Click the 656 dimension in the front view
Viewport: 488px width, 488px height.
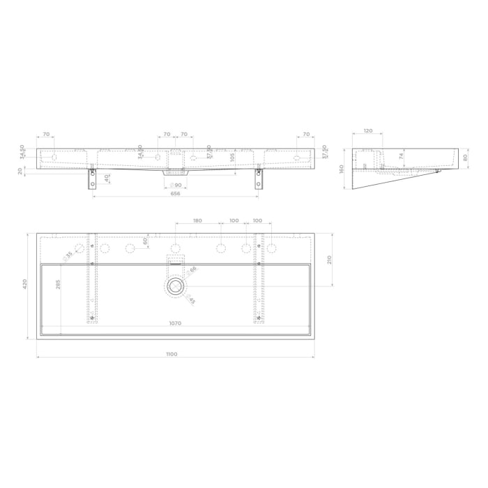tap(175, 193)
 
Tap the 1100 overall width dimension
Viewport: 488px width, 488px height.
tap(172, 354)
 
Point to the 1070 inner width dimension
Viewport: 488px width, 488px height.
tap(174, 323)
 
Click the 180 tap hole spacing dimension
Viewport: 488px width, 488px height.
tap(197, 220)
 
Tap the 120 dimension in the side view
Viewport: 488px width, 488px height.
tap(368, 130)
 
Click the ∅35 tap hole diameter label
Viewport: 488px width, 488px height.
tap(68, 255)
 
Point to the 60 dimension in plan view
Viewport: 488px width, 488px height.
tap(145, 241)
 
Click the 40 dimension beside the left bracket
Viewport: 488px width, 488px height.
tap(107, 178)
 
